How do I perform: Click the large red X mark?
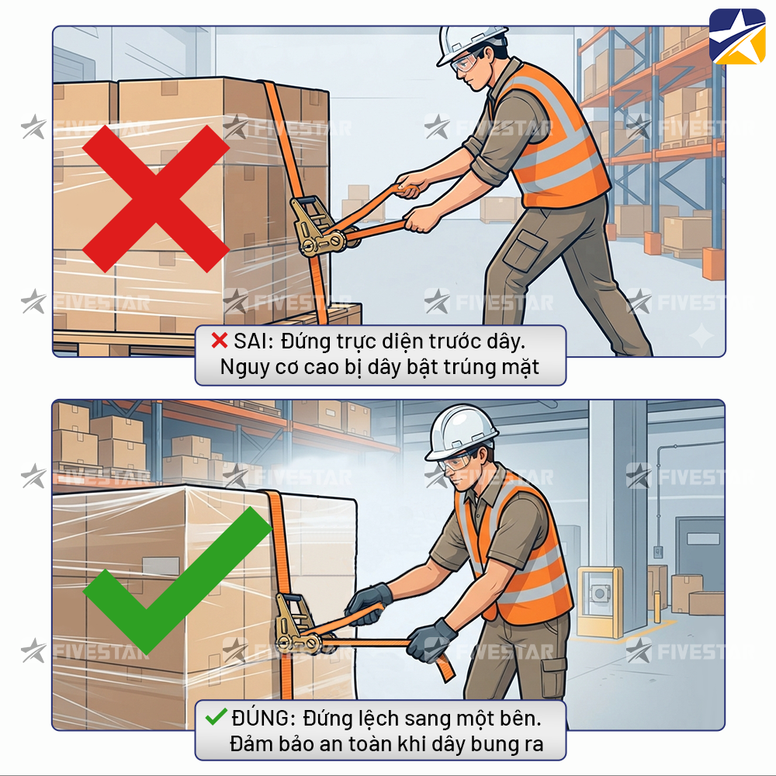(155, 199)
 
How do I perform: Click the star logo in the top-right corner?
(737, 36)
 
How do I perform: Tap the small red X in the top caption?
(220, 341)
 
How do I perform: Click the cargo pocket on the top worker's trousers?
(527, 249)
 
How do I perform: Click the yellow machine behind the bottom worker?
(600, 601)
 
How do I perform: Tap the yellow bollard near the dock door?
(657, 606)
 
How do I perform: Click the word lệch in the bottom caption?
(376, 719)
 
